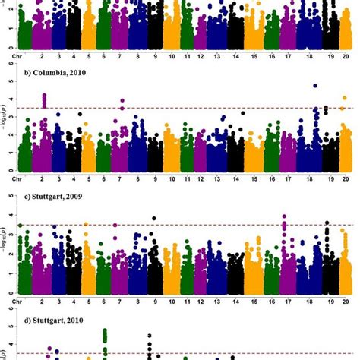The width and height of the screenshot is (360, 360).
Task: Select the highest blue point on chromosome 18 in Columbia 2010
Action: [315, 86]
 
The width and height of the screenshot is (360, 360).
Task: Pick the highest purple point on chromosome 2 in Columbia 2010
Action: [44, 96]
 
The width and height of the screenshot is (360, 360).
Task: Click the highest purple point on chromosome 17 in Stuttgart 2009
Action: [284, 216]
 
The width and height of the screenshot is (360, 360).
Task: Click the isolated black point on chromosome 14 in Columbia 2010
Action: [242, 112]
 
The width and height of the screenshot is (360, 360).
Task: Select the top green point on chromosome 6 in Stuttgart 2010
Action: [105, 331]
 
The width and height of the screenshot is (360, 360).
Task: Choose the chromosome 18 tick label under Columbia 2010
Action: [315, 178]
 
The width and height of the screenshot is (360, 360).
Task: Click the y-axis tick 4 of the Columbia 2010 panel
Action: [9, 99]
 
